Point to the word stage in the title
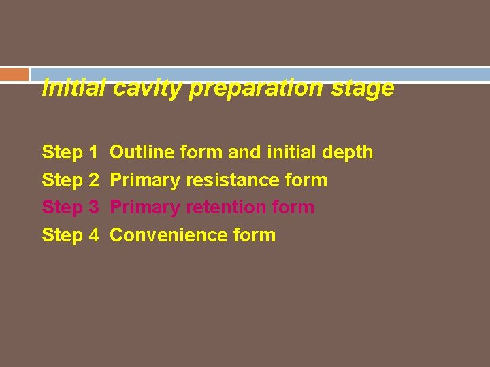(x=367, y=88)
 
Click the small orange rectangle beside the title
(x=14, y=74)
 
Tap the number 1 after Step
(x=93, y=152)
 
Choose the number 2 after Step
(x=93, y=180)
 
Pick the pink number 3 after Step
(x=93, y=207)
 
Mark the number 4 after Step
(x=93, y=235)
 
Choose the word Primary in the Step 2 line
(x=145, y=180)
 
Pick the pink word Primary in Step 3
(x=145, y=207)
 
